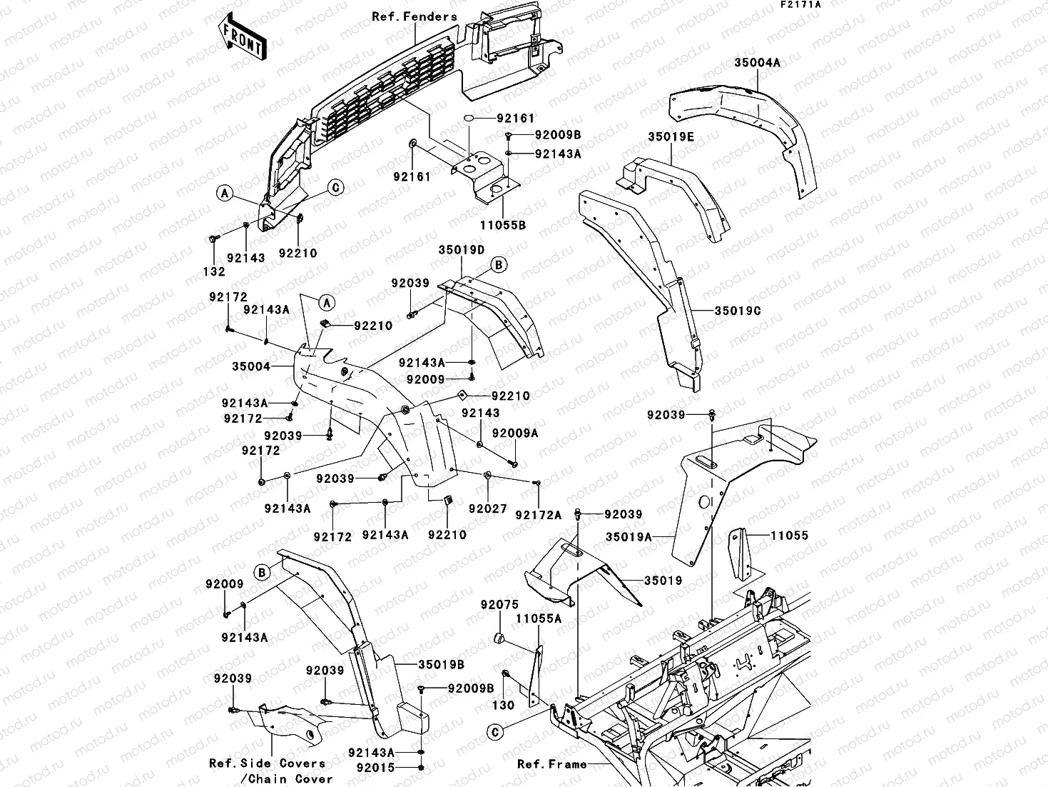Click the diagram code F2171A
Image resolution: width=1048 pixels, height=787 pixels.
click(x=800, y=5)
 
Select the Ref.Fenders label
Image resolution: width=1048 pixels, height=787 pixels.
click(x=414, y=16)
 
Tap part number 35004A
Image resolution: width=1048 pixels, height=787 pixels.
click(x=757, y=63)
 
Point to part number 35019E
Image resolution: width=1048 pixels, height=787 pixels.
click(x=671, y=136)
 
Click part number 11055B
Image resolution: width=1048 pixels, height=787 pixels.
click(x=503, y=224)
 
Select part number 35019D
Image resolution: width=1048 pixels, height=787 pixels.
click(x=461, y=250)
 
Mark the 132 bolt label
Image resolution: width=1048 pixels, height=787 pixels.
click(x=214, y=271)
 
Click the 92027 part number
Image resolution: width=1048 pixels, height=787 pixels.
click(x=488, y=509)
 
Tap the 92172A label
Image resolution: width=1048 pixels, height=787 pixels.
click(x=539, y=515)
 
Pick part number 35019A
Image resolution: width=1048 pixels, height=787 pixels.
click(x=629, y=536)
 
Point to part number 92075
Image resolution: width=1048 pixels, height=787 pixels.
click(x=499, y=605)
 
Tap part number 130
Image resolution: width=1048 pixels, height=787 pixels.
click(x=504, y=705)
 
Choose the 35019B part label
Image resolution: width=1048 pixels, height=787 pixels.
click(x=441, y=665)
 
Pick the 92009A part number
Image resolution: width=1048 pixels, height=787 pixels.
click(x=515, y=433)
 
